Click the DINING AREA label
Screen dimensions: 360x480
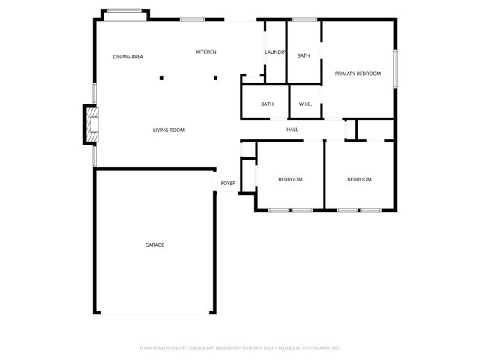(128, 57)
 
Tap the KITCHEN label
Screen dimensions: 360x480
(206, 52)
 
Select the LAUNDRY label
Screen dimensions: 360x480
(275, 52)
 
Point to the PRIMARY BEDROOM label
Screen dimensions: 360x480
(358, 73)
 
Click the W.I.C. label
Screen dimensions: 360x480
(305, 103)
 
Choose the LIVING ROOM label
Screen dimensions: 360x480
(169, 130)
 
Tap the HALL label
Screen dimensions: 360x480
(292, 130)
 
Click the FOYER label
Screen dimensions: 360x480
(228, 183)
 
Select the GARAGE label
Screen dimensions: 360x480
(154, 244)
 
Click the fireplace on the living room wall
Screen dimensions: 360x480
(91, 124)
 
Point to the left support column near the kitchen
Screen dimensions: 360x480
(160, 76)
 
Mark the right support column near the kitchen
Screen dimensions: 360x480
(215, 76)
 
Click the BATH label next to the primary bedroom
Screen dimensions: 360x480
(304, 55)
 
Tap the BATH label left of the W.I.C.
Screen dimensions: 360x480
(267, 103)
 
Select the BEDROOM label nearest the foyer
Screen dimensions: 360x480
(290, 179)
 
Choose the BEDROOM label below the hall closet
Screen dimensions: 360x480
(359, 179)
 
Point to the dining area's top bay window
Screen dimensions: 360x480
(125, 10)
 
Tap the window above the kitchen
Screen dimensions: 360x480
(193, 19)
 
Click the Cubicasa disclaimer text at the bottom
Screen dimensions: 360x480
(240, 348)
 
